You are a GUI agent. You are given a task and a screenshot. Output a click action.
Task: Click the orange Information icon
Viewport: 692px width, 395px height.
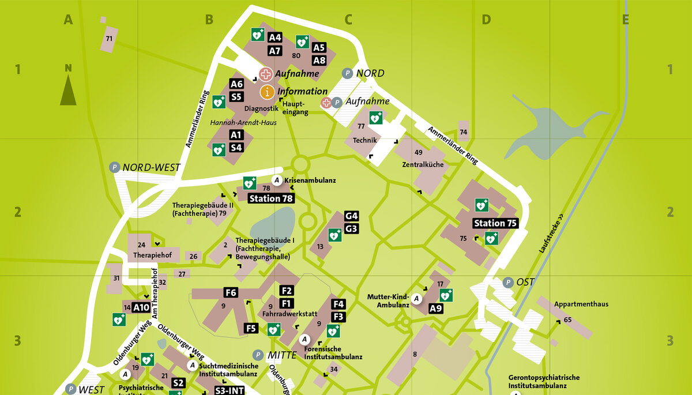266,91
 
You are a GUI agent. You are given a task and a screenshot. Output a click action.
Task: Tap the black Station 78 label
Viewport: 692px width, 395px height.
270,198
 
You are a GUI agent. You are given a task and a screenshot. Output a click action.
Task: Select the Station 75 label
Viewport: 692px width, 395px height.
495,223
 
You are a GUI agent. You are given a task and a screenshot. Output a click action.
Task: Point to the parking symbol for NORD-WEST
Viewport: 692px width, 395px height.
115,168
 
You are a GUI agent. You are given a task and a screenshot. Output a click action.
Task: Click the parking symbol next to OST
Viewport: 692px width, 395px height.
508,283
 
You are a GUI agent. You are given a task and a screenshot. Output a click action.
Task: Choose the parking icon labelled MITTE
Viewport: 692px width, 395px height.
258,355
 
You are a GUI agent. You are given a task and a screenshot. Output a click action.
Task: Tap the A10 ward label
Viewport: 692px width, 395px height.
141,307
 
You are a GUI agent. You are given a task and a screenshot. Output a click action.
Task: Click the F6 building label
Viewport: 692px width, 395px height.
231,292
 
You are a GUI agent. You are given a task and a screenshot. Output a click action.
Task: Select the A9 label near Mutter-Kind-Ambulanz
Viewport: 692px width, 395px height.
436,309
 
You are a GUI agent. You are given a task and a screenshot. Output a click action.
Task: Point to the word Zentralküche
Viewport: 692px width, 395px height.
423,164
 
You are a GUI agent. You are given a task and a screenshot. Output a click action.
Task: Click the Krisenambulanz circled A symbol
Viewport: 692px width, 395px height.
277,180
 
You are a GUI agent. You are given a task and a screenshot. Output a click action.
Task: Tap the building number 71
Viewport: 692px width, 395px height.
108,39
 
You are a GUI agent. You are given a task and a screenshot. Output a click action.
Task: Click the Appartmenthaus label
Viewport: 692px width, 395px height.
581,304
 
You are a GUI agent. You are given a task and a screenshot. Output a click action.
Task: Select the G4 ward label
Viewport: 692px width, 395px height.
352,216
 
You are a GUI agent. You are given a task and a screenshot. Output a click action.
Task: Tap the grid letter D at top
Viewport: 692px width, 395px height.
486,20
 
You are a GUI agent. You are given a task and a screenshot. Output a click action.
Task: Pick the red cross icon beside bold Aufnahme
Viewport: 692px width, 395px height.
265,74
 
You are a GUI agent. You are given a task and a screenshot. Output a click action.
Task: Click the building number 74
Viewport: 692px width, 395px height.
464,132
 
